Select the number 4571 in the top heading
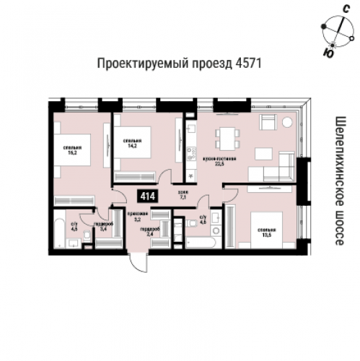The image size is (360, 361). pyautogui.click(x=247, y=64)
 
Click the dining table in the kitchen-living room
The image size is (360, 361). pyautogui.click(x=228, y=136)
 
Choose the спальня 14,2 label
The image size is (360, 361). pyautogui.click(x=131, y=143)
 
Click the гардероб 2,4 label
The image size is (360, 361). pyautogui.click(x=150, y=231)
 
